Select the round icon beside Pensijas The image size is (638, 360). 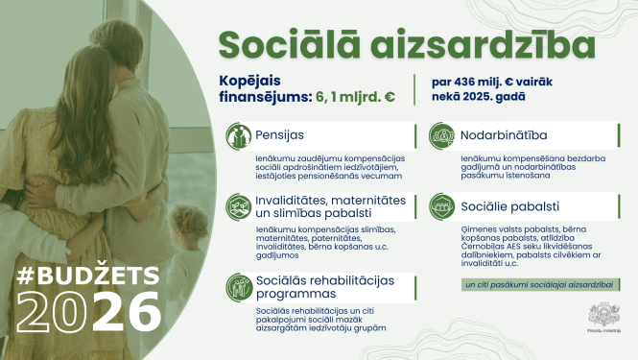[x=238, y=134]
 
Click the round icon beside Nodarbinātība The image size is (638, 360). [x=442, y=134]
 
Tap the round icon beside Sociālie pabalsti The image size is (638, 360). [x=442, y=206]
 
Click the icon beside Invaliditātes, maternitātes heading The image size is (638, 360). [x=238, y=206]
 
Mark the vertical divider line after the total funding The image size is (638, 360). [x=414, y=88]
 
